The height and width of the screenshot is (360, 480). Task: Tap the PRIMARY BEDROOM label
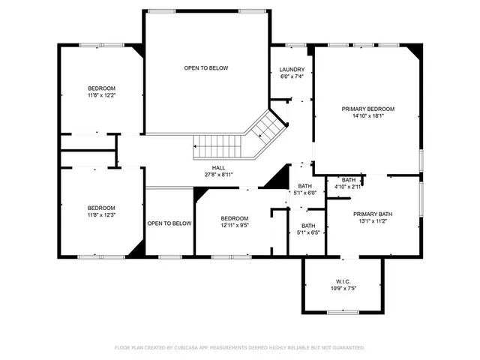point(367,109)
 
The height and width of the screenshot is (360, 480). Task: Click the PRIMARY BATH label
point(373,214)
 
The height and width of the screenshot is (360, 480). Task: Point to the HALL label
point(218,167)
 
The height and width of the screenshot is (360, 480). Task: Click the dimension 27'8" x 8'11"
point(218,174)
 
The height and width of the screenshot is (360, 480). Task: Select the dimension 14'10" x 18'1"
point(367,115)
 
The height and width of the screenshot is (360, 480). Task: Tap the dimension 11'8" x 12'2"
point(101,95)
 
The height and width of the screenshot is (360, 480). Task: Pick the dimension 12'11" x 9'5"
point(235,225)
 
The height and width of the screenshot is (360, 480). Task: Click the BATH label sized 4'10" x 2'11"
point(349,180)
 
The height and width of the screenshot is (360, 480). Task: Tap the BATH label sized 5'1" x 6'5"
point(308,226)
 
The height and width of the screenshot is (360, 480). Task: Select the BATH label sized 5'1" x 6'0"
point(304,186)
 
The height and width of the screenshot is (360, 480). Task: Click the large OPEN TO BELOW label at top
point(206,68)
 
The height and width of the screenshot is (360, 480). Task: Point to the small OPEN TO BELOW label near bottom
point(169,223)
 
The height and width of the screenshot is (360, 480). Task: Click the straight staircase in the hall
point(215,143)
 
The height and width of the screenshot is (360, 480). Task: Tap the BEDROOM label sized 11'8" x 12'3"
point(101,208)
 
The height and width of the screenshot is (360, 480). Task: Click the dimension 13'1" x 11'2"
point(373,221)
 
